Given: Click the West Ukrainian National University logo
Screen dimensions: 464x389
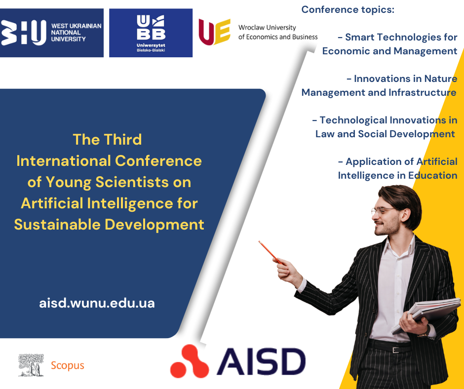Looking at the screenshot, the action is coord(51,33).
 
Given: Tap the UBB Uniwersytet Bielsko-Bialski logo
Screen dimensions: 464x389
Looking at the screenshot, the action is coord(151,33).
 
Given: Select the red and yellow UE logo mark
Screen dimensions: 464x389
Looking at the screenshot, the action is coord(215,32).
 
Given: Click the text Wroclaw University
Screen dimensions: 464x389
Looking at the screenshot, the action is coord(267,28).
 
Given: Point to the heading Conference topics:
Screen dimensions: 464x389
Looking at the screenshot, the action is coord(348,9).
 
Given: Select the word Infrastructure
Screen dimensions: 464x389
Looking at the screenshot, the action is coord(422,92).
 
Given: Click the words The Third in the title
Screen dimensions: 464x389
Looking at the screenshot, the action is coord(108,139).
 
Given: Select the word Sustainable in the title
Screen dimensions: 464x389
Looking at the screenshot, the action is coord(57,225).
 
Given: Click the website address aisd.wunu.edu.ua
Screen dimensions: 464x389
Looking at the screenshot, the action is coord(97,303).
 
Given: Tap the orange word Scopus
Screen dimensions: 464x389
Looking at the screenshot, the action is coord(68,366).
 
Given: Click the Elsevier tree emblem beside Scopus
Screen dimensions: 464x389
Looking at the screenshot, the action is coord(31,365).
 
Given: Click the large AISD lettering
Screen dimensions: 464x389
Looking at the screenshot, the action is coord(261,362).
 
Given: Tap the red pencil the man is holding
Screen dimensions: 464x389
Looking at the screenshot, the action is coord(271,253).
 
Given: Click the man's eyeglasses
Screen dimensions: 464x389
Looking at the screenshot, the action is coord(383,211).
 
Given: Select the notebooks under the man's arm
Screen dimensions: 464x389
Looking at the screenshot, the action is coord(426,315).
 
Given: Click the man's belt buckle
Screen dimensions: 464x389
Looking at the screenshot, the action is coord(396,350).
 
